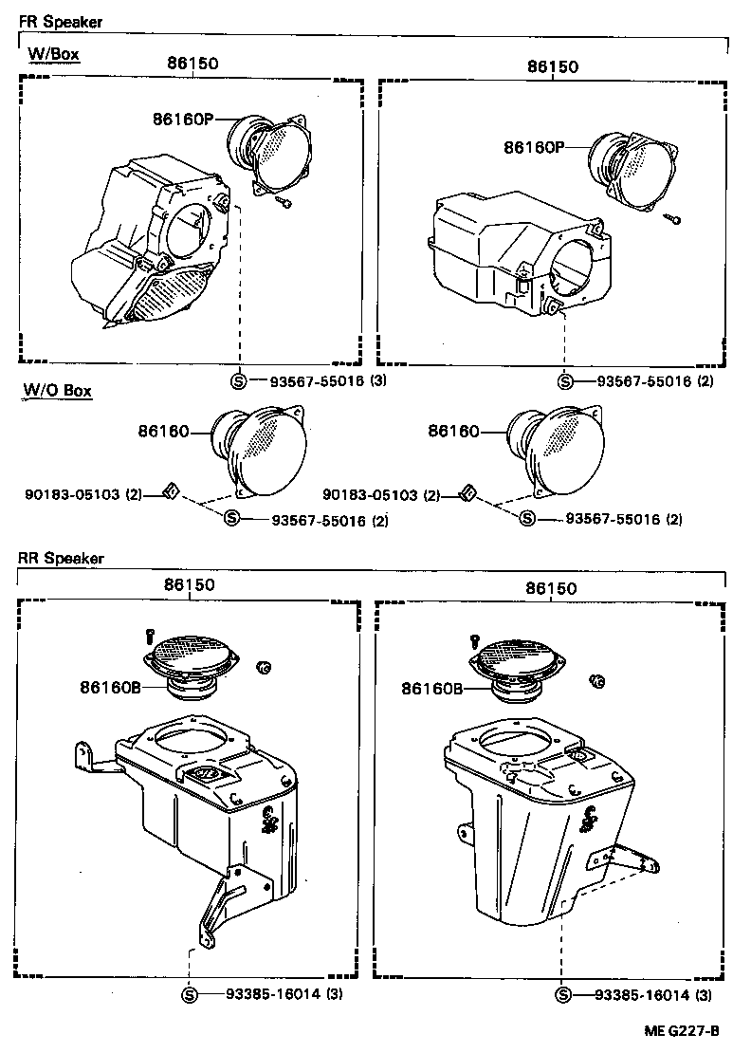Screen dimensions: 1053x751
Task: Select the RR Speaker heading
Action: [x=61, y=558]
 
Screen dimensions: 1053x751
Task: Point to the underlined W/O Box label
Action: [x=58, y=390]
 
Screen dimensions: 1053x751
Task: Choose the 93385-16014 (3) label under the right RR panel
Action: [x=653, y=994]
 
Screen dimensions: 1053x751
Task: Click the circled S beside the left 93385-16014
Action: [x=190, y=995]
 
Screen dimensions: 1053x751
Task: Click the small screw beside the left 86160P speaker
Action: [x=284, y=201]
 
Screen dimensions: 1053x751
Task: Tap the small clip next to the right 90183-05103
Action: [x=467, y=492]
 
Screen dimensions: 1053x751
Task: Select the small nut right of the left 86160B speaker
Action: [x=264, y=670]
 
